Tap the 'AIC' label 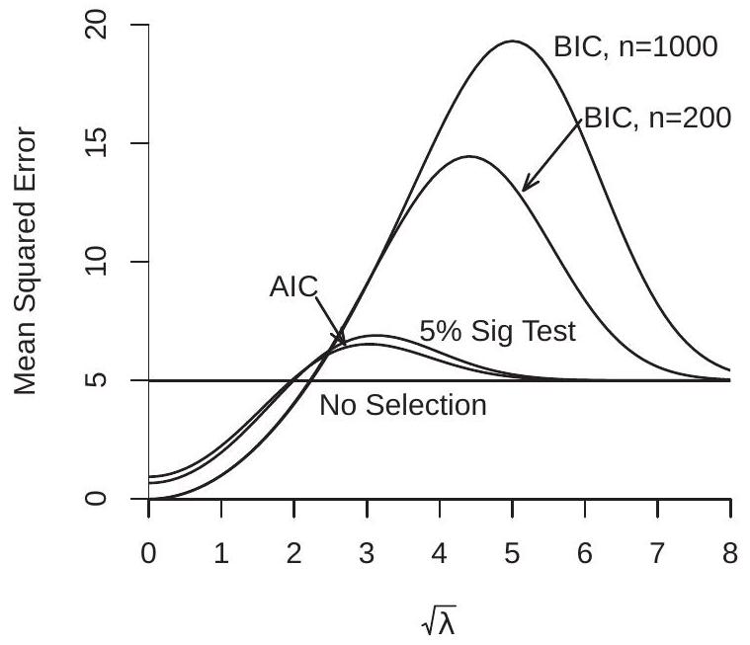point(293,287)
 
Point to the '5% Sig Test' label point(497,332)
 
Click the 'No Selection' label point(403,405)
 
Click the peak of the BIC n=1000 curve point(512,41)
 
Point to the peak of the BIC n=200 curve point(469,156)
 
